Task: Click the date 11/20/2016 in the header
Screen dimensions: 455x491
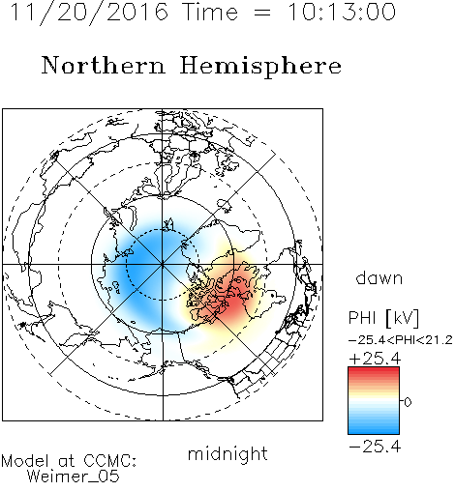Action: tap(89, 13)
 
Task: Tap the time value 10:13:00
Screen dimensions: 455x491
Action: tap(342, 12)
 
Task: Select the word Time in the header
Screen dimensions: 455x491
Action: tap(210, 12)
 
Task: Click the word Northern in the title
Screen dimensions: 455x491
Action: tap(104, 65)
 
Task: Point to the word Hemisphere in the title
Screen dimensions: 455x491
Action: tap(260, 67)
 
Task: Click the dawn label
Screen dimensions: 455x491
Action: tap(379, 278)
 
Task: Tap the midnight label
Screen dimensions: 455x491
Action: tap(227, 454)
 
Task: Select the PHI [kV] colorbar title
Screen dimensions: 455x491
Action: tap(384, 318)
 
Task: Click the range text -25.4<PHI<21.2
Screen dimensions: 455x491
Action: tap(401, 340)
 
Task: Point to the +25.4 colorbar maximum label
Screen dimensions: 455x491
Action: tap(375, 359)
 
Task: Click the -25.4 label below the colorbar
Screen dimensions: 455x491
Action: tap(375, 447)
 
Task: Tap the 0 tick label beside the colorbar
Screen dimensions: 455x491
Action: tap(408, 402)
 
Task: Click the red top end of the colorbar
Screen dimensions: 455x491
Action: tap(374, 370)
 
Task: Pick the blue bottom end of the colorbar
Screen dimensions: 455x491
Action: tap(374, 431)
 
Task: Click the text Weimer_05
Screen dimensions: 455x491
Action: tap(74, 477)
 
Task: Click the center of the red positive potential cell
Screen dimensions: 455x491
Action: tap(233, 303)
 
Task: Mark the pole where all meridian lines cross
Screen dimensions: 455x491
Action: tap(163, 264)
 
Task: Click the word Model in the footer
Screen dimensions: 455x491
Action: tap(25, 461)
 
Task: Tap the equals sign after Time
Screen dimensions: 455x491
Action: tap(262, 14)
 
